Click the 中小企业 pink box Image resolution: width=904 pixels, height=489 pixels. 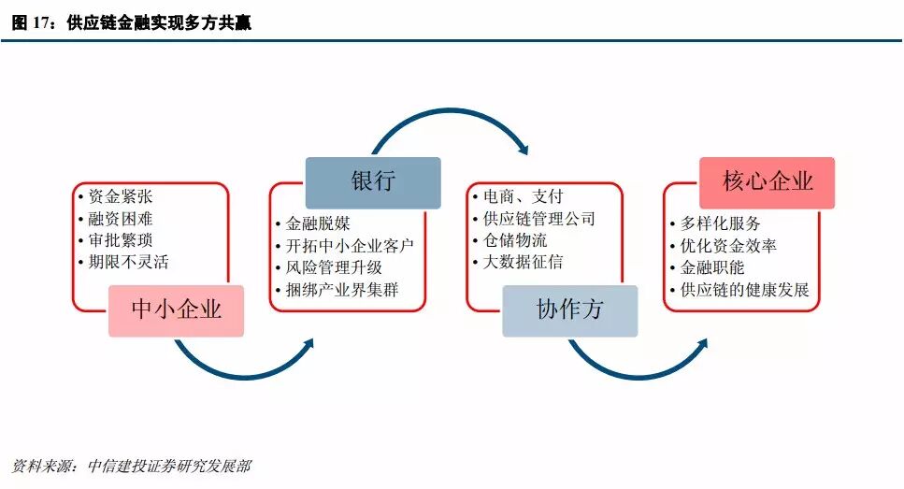click(177, 310)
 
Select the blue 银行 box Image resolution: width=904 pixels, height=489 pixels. click(373, 181)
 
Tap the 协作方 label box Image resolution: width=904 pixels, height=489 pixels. click(569, 310)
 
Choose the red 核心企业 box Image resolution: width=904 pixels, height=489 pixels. click(767, 181)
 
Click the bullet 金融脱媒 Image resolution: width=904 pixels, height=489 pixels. click(320, 224)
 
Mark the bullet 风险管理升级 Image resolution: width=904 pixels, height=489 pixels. click(335, 267)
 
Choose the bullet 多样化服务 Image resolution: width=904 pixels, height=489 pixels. click(722, 224)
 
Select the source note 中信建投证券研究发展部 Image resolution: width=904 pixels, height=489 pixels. click(168, 466)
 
